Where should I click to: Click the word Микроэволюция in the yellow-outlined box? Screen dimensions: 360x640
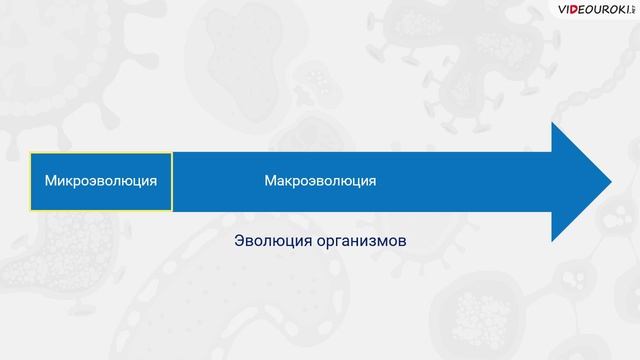(x=100, y=181)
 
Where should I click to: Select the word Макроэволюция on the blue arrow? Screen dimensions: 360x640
(x=320, y=181)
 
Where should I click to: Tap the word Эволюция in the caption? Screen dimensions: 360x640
(x=268, y=242)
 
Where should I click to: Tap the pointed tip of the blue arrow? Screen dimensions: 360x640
(x=610, y=181)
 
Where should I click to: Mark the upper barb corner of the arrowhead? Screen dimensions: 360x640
(x=552, y=122)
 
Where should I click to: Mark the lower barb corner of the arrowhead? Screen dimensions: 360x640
(x=552, y=241)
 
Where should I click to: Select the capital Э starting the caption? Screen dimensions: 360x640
(x=239, y=242)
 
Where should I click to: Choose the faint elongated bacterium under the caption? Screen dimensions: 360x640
(x=330, y=300)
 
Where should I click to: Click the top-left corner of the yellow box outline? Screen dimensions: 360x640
(x=30, y=153)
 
